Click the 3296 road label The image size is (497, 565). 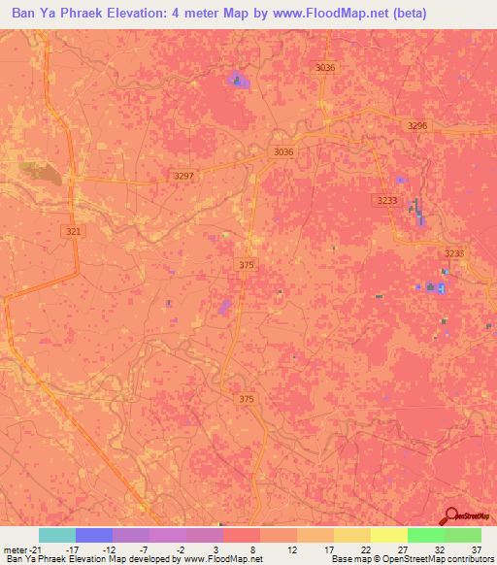(x=417, y=126)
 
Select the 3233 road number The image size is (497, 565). (x=386, y=199)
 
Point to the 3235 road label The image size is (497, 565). (x=453, y=253)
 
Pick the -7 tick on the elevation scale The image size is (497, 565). (x=145, y=548)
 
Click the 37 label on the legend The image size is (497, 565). (x=476, y=548)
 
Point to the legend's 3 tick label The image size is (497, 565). (x=220, y=548)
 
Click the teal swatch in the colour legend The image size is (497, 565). (x=56, y=535)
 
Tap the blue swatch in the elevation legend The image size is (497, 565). (x=94, y=535)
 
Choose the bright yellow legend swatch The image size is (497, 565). (x=388, y=535)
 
